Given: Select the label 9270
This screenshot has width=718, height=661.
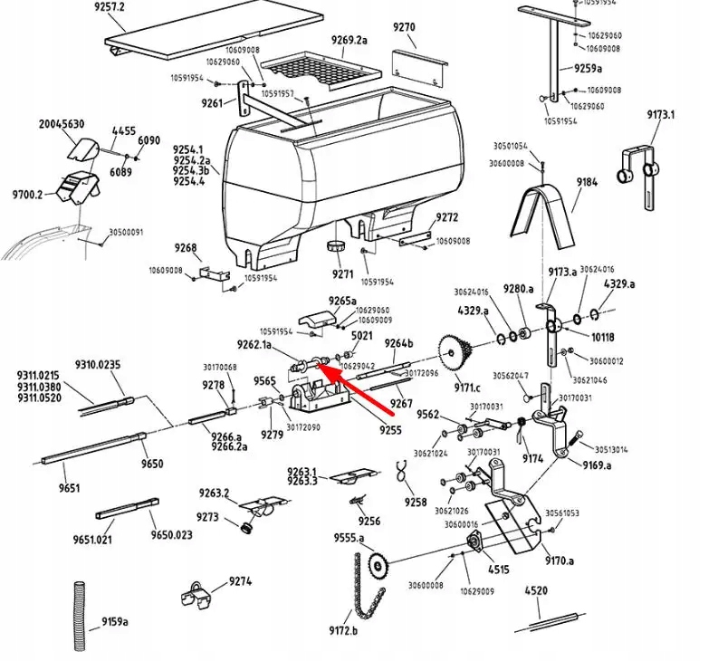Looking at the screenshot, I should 404,27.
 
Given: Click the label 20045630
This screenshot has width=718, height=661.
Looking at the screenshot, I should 61,124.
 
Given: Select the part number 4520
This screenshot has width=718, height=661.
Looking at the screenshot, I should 536,591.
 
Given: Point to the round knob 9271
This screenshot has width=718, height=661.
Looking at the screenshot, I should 338,248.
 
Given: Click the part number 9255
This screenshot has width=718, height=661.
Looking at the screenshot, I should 390,430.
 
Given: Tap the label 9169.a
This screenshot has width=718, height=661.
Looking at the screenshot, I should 597,465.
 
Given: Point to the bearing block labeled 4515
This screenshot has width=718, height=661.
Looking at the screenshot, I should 473,543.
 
